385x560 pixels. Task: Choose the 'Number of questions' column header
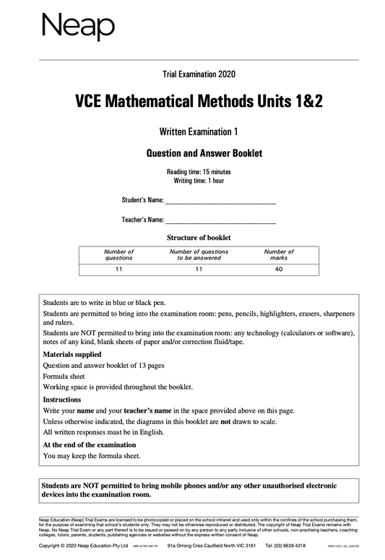[118, 254]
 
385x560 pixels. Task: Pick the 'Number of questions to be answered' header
[199, 254]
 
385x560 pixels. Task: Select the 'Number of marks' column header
[279, 254]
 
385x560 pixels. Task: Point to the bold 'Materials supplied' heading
[72, 354]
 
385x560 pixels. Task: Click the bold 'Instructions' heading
[63, 399]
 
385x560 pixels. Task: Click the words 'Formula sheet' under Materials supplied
[66, 376]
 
